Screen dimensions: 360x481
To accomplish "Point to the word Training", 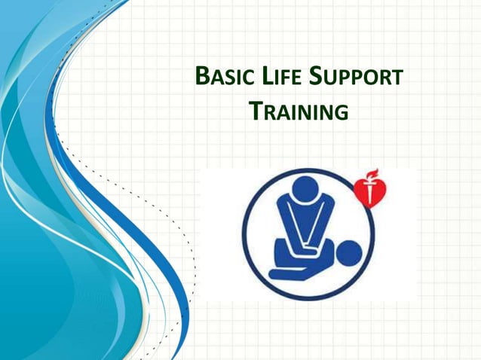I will coord(299,112).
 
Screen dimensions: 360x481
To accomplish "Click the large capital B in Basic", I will coord(201,77).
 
